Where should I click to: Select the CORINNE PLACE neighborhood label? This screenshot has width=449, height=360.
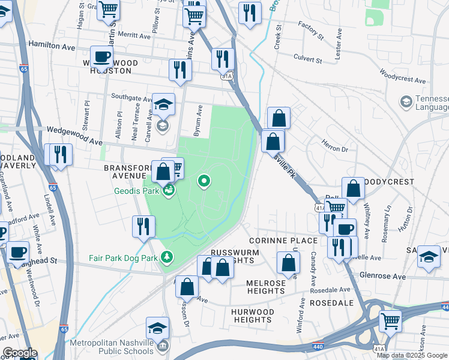283,241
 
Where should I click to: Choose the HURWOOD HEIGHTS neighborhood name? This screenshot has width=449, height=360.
253,316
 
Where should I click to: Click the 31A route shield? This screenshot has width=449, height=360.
226,77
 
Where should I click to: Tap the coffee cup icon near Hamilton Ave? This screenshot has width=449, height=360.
101,56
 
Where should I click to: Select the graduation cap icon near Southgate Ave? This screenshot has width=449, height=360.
163,104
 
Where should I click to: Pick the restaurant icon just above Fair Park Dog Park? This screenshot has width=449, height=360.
143,226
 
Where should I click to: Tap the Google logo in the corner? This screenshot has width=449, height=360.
20,353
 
